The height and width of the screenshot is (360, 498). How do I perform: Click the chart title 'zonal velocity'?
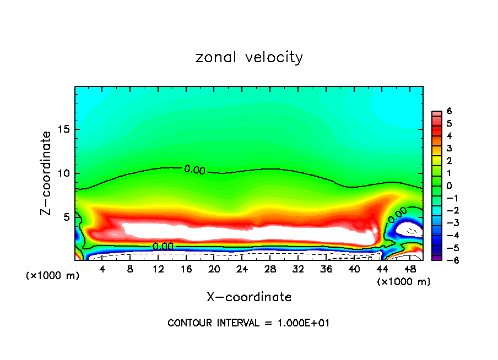coord(249,57)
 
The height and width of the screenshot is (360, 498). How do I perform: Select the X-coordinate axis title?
coord(249,297)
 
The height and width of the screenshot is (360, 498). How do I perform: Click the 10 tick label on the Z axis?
coord(64,173)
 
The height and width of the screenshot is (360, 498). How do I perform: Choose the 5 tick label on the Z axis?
coord(67,217)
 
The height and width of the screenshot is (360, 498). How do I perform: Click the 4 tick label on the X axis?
coord(102,269)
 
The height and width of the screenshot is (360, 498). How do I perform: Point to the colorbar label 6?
coord(450,111)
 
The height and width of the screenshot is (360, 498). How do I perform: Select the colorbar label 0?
coord(450,186)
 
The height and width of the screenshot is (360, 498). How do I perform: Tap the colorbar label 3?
coord(450,148)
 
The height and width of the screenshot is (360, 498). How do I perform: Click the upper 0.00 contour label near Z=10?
coord(194,170)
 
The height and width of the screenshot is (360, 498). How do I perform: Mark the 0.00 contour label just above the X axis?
coord(163,246)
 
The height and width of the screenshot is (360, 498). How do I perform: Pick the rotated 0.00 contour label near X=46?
coord(398,215)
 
